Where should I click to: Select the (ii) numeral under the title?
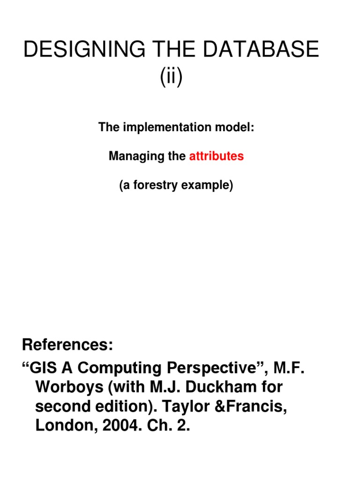171,77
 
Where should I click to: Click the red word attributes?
217,157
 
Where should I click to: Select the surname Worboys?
67,388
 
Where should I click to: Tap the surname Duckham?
222,388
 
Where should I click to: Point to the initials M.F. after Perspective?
289,368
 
